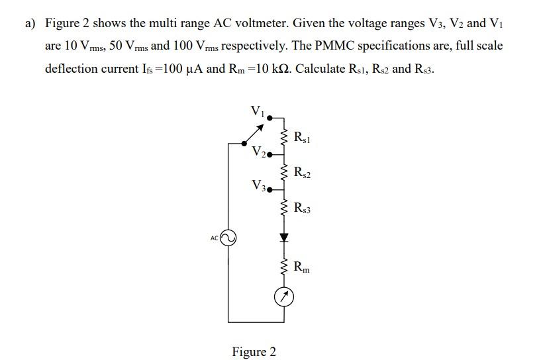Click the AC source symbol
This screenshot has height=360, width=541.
tap(228, 238)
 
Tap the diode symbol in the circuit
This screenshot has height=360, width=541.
tap(284, 236)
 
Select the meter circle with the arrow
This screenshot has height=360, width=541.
tap(284, 300)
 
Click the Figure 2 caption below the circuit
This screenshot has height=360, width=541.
tap(254, 351)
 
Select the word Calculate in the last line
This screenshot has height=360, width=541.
tap(321, 68)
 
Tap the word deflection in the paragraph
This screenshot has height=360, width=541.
tap(73, 68)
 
